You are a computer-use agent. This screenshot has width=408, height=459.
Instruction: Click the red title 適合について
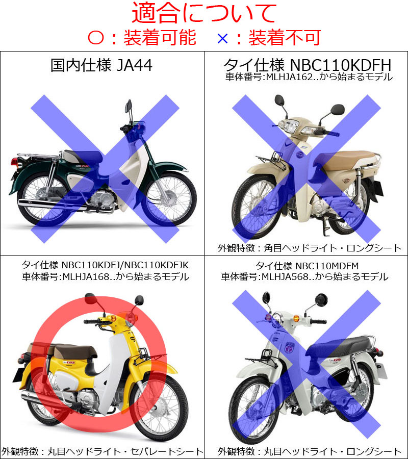204,13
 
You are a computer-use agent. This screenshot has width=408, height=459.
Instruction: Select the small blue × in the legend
222,38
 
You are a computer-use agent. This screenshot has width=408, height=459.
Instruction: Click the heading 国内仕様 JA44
101,65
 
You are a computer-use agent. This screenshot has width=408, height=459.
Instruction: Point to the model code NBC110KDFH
340,65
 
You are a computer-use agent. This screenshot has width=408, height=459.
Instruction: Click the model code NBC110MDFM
327,266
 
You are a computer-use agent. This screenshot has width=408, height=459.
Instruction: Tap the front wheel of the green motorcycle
169,199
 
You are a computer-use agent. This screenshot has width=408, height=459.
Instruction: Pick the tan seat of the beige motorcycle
349,160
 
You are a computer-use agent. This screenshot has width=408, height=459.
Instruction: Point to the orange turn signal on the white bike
296,318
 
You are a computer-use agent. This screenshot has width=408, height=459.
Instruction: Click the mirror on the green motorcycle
128,106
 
